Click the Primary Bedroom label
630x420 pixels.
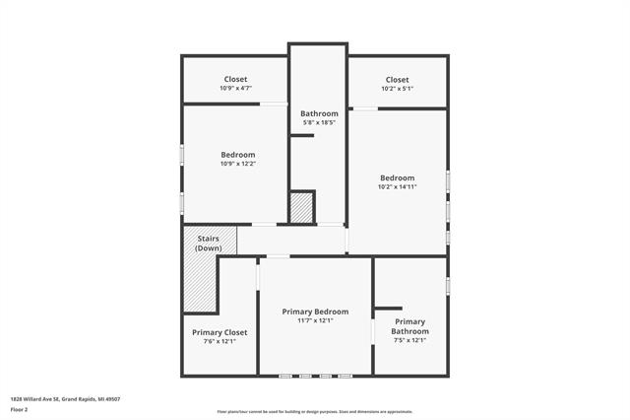(315, 312)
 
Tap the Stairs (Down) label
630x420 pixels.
(208, 243)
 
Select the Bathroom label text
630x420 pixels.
(319, 113)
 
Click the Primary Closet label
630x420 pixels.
(220, 332)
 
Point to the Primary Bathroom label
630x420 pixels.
(409, 326)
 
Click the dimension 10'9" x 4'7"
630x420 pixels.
(234, 89)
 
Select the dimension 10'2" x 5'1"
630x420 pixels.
(397, 89)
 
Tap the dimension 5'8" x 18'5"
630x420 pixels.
(319, 123)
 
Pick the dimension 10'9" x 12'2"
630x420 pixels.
(237, 164)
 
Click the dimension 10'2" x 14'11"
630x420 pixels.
(398, 187)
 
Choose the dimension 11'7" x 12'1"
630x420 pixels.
(315, 320)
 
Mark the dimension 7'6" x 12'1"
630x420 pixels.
(220, 342)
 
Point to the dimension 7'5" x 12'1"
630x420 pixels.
(409, 341)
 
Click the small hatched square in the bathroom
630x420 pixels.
(300, 208)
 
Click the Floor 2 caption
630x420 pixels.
(19, 408)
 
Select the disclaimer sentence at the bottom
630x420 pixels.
(314, 412)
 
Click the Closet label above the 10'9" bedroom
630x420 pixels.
(235, 79)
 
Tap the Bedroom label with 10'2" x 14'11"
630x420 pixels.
(398, 177)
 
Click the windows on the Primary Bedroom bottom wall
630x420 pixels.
(315, 375)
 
